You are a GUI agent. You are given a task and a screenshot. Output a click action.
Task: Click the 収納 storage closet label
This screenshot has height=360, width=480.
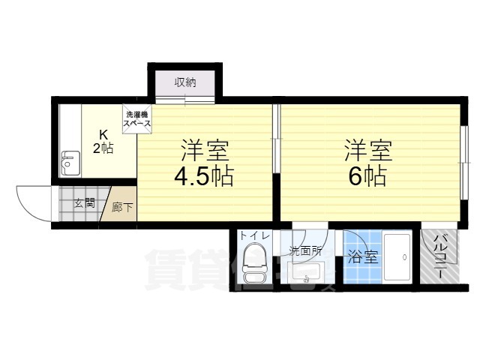pyautogui.click(x=185, y=82)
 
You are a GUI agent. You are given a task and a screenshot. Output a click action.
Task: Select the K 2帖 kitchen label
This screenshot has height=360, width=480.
pyautogui.click(x=103, y=142)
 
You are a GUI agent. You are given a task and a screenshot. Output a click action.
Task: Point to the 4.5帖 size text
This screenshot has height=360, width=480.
pyautogui.click(x=204, y=177)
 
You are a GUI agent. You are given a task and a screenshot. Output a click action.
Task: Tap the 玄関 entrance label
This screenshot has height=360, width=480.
pyautogui.click(x=84, y=202)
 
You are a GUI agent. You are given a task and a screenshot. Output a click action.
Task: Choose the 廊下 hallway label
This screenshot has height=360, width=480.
pyautogui.click(x=121, y=207)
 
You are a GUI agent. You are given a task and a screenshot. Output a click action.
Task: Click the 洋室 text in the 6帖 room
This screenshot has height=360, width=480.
pyautogui.click(x=367, y=149)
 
